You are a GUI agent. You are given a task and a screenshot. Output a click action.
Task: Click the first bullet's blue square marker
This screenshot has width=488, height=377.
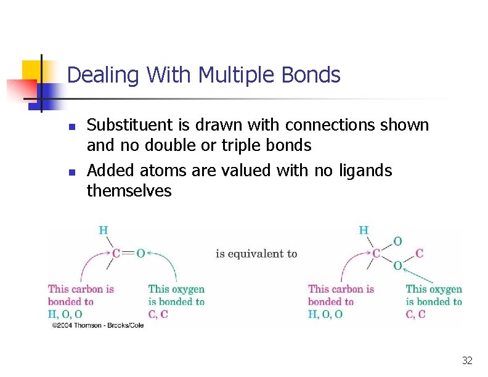click(71, 127)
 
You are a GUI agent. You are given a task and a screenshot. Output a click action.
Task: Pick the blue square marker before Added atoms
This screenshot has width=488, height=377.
click(71, 172)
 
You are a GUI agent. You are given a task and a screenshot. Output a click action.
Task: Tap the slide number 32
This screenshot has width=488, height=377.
click(467, 360)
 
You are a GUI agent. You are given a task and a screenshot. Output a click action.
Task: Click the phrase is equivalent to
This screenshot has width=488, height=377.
click(256, 254)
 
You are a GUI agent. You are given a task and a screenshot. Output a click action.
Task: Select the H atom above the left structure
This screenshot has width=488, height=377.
click(104, 230)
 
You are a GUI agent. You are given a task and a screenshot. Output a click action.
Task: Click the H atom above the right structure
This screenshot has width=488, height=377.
click(364, 230)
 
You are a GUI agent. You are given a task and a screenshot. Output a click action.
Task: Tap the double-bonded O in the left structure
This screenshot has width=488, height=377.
click(140, 253)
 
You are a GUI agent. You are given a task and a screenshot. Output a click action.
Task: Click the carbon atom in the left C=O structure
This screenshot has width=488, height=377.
click(116, 253)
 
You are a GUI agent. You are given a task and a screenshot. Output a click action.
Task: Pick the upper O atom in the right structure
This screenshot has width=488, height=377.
click(397, 241)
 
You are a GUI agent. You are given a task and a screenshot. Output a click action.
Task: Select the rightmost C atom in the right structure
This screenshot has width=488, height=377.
click(419, 253)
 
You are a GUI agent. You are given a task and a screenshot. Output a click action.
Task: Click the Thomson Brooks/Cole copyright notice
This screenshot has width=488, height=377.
click(97, 325)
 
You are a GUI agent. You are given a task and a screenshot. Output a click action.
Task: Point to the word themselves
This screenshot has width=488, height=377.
click(129, 191)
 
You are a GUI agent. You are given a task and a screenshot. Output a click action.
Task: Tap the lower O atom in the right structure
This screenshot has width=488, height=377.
click(397, 266)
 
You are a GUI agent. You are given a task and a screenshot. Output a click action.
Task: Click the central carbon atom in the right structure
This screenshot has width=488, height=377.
click(376, 253)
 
